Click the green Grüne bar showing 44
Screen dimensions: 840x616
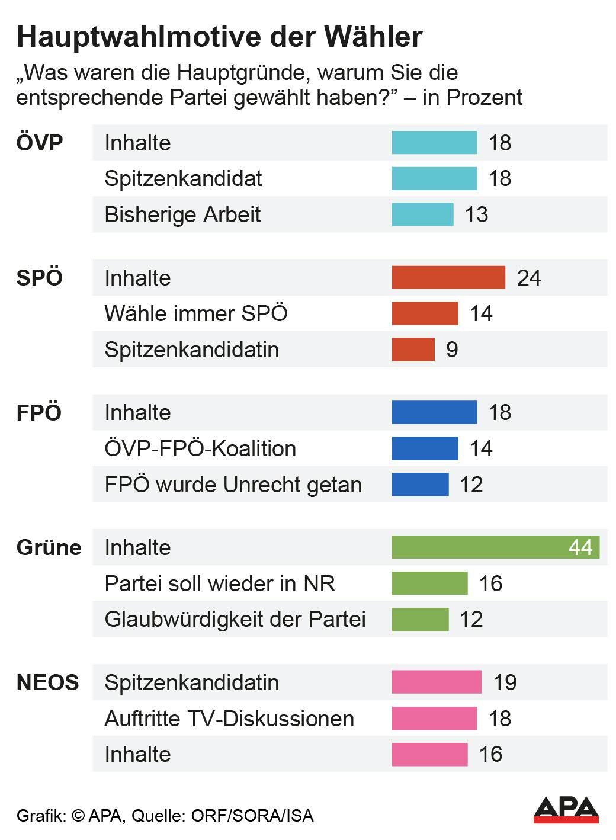(x=495, y=547)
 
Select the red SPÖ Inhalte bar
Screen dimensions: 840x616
(x=448, y=278)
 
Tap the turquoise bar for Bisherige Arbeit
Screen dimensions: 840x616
(x=422, y=214)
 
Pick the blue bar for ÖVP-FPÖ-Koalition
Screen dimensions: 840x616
(x=425, y=448)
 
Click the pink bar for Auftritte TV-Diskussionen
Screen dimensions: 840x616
(x=434, y=718)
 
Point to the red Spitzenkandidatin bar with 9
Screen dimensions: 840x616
(x=413, y=350)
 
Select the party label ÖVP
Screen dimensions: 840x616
(x=40, y=143)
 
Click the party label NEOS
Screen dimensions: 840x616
(x=47, y=682)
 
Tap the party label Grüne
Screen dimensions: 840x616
(x=49, y=547)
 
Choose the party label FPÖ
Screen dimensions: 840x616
(x=39, y=413)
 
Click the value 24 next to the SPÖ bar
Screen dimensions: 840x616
(x=528, y=278)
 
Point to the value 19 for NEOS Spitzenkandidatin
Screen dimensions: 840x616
(x=505, y=682)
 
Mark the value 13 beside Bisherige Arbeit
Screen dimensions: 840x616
(x=476, y=214)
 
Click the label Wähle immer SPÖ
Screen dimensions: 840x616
(x=195, y=313)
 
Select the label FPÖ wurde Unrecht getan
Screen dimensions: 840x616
(x=233, y=485)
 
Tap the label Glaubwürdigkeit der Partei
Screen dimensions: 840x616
(x=235, y=619)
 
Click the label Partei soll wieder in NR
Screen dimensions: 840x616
(x=220, y=583)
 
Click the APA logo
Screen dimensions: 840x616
(x=566, y=810)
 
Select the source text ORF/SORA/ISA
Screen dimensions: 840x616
(x=252, y=816)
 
